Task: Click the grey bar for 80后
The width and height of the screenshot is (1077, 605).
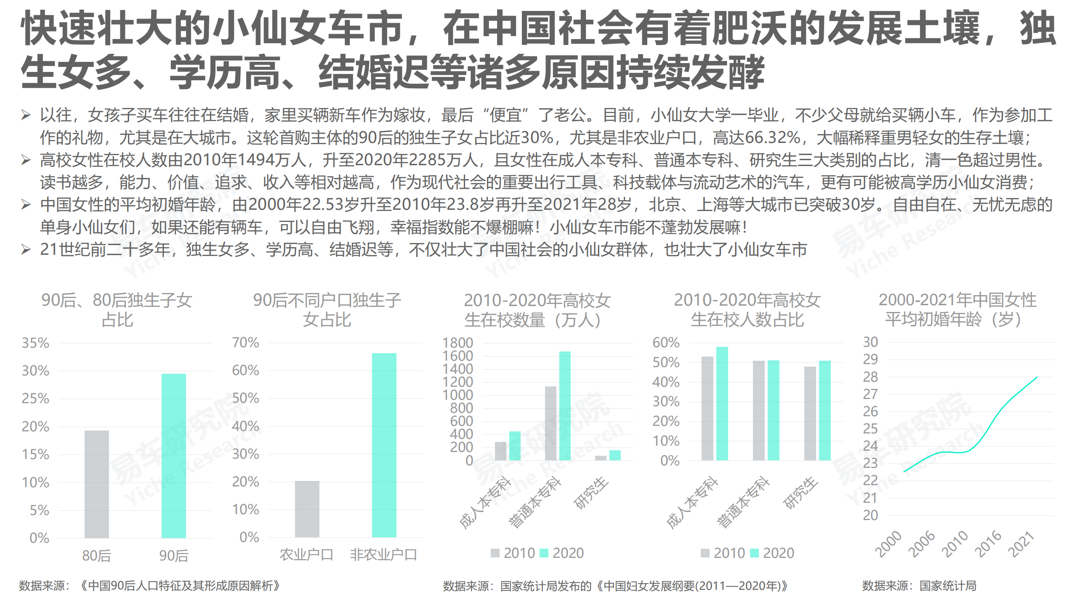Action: click(96, 484)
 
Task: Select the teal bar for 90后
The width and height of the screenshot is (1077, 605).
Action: click(173, 456)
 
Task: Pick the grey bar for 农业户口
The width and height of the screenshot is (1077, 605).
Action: click(307, 509)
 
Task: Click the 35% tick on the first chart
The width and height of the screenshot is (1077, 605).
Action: click(35, 343)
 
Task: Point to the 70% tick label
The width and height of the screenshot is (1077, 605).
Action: click(245, 343)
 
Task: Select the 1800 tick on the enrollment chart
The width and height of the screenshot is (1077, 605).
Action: click(457, 343)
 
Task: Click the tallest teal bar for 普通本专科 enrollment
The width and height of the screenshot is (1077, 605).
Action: click(565, 406)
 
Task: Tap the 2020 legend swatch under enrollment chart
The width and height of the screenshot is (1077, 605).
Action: click(544, 553)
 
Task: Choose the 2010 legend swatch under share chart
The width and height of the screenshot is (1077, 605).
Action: click(705, 553)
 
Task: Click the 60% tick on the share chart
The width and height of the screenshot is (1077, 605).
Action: click(666, 343)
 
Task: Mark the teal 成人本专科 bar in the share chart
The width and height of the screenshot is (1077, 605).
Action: click(722, 404)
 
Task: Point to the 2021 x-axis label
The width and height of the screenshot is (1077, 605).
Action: click(1021, 544)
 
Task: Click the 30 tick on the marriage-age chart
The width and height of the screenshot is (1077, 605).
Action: click(870, 342)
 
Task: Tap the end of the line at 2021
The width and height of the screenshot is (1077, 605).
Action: click(1037, 377)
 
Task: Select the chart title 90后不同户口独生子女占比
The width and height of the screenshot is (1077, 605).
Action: click(327, 310)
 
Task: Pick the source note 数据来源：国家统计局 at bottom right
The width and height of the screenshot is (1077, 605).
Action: click(919, 586)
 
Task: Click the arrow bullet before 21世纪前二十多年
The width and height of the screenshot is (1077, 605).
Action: click(26, 250)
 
